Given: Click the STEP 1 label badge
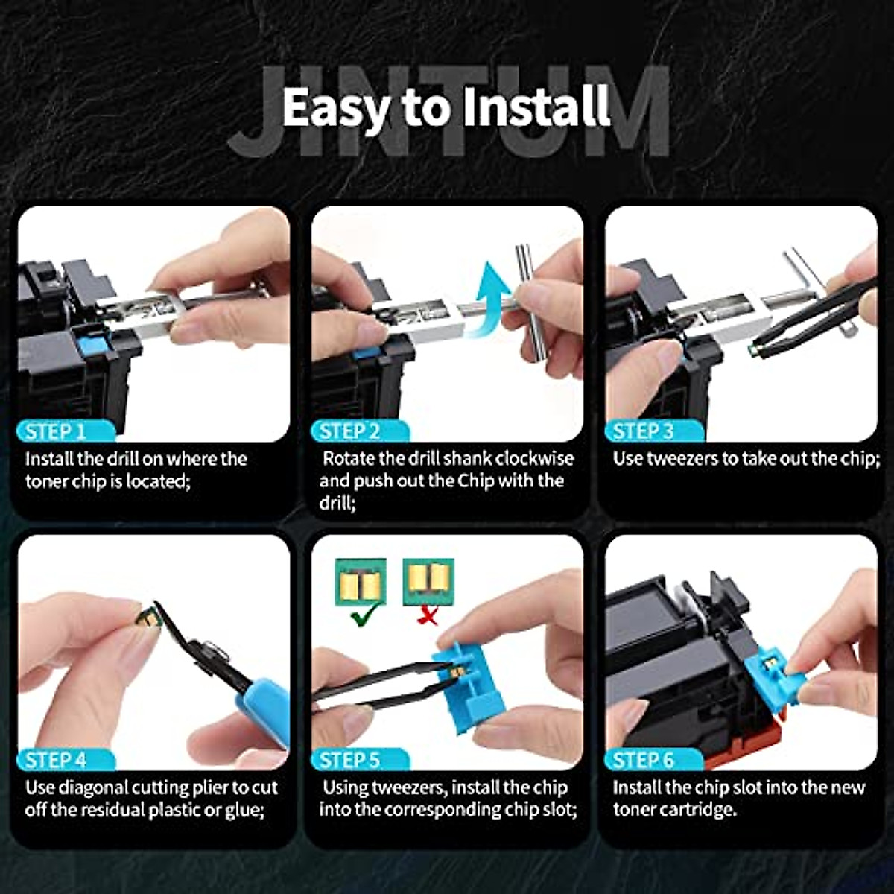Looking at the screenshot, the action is point(65,431).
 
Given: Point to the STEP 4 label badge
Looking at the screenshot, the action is point(65,760).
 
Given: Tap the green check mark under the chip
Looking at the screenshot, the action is point(364,614).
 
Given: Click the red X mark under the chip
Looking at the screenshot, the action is point(428,615).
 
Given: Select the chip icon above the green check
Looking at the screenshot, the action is point(361,582).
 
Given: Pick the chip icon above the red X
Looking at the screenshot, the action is point(428,582).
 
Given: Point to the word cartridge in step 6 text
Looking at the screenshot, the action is point(700,809).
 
